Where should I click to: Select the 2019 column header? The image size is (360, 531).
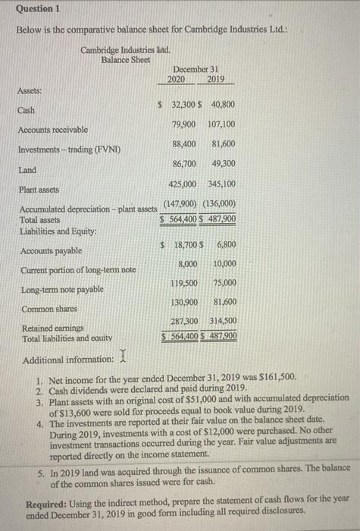click(x=215, y=79)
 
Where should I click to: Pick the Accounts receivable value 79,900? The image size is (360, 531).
click(x=184, y=124)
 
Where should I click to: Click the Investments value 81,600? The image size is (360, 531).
click(x=221, y=143)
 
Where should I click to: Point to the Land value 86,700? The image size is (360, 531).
click(x=184, y=162)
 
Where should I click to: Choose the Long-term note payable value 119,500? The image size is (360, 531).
click(x=184, y=282)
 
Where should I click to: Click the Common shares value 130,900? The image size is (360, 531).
click(x=184, y=302)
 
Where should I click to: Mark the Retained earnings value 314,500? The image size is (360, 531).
click(x=221, y=322)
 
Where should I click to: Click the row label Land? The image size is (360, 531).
click(x=28, y=170)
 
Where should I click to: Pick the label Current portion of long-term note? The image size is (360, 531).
click(x=78, y=269)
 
